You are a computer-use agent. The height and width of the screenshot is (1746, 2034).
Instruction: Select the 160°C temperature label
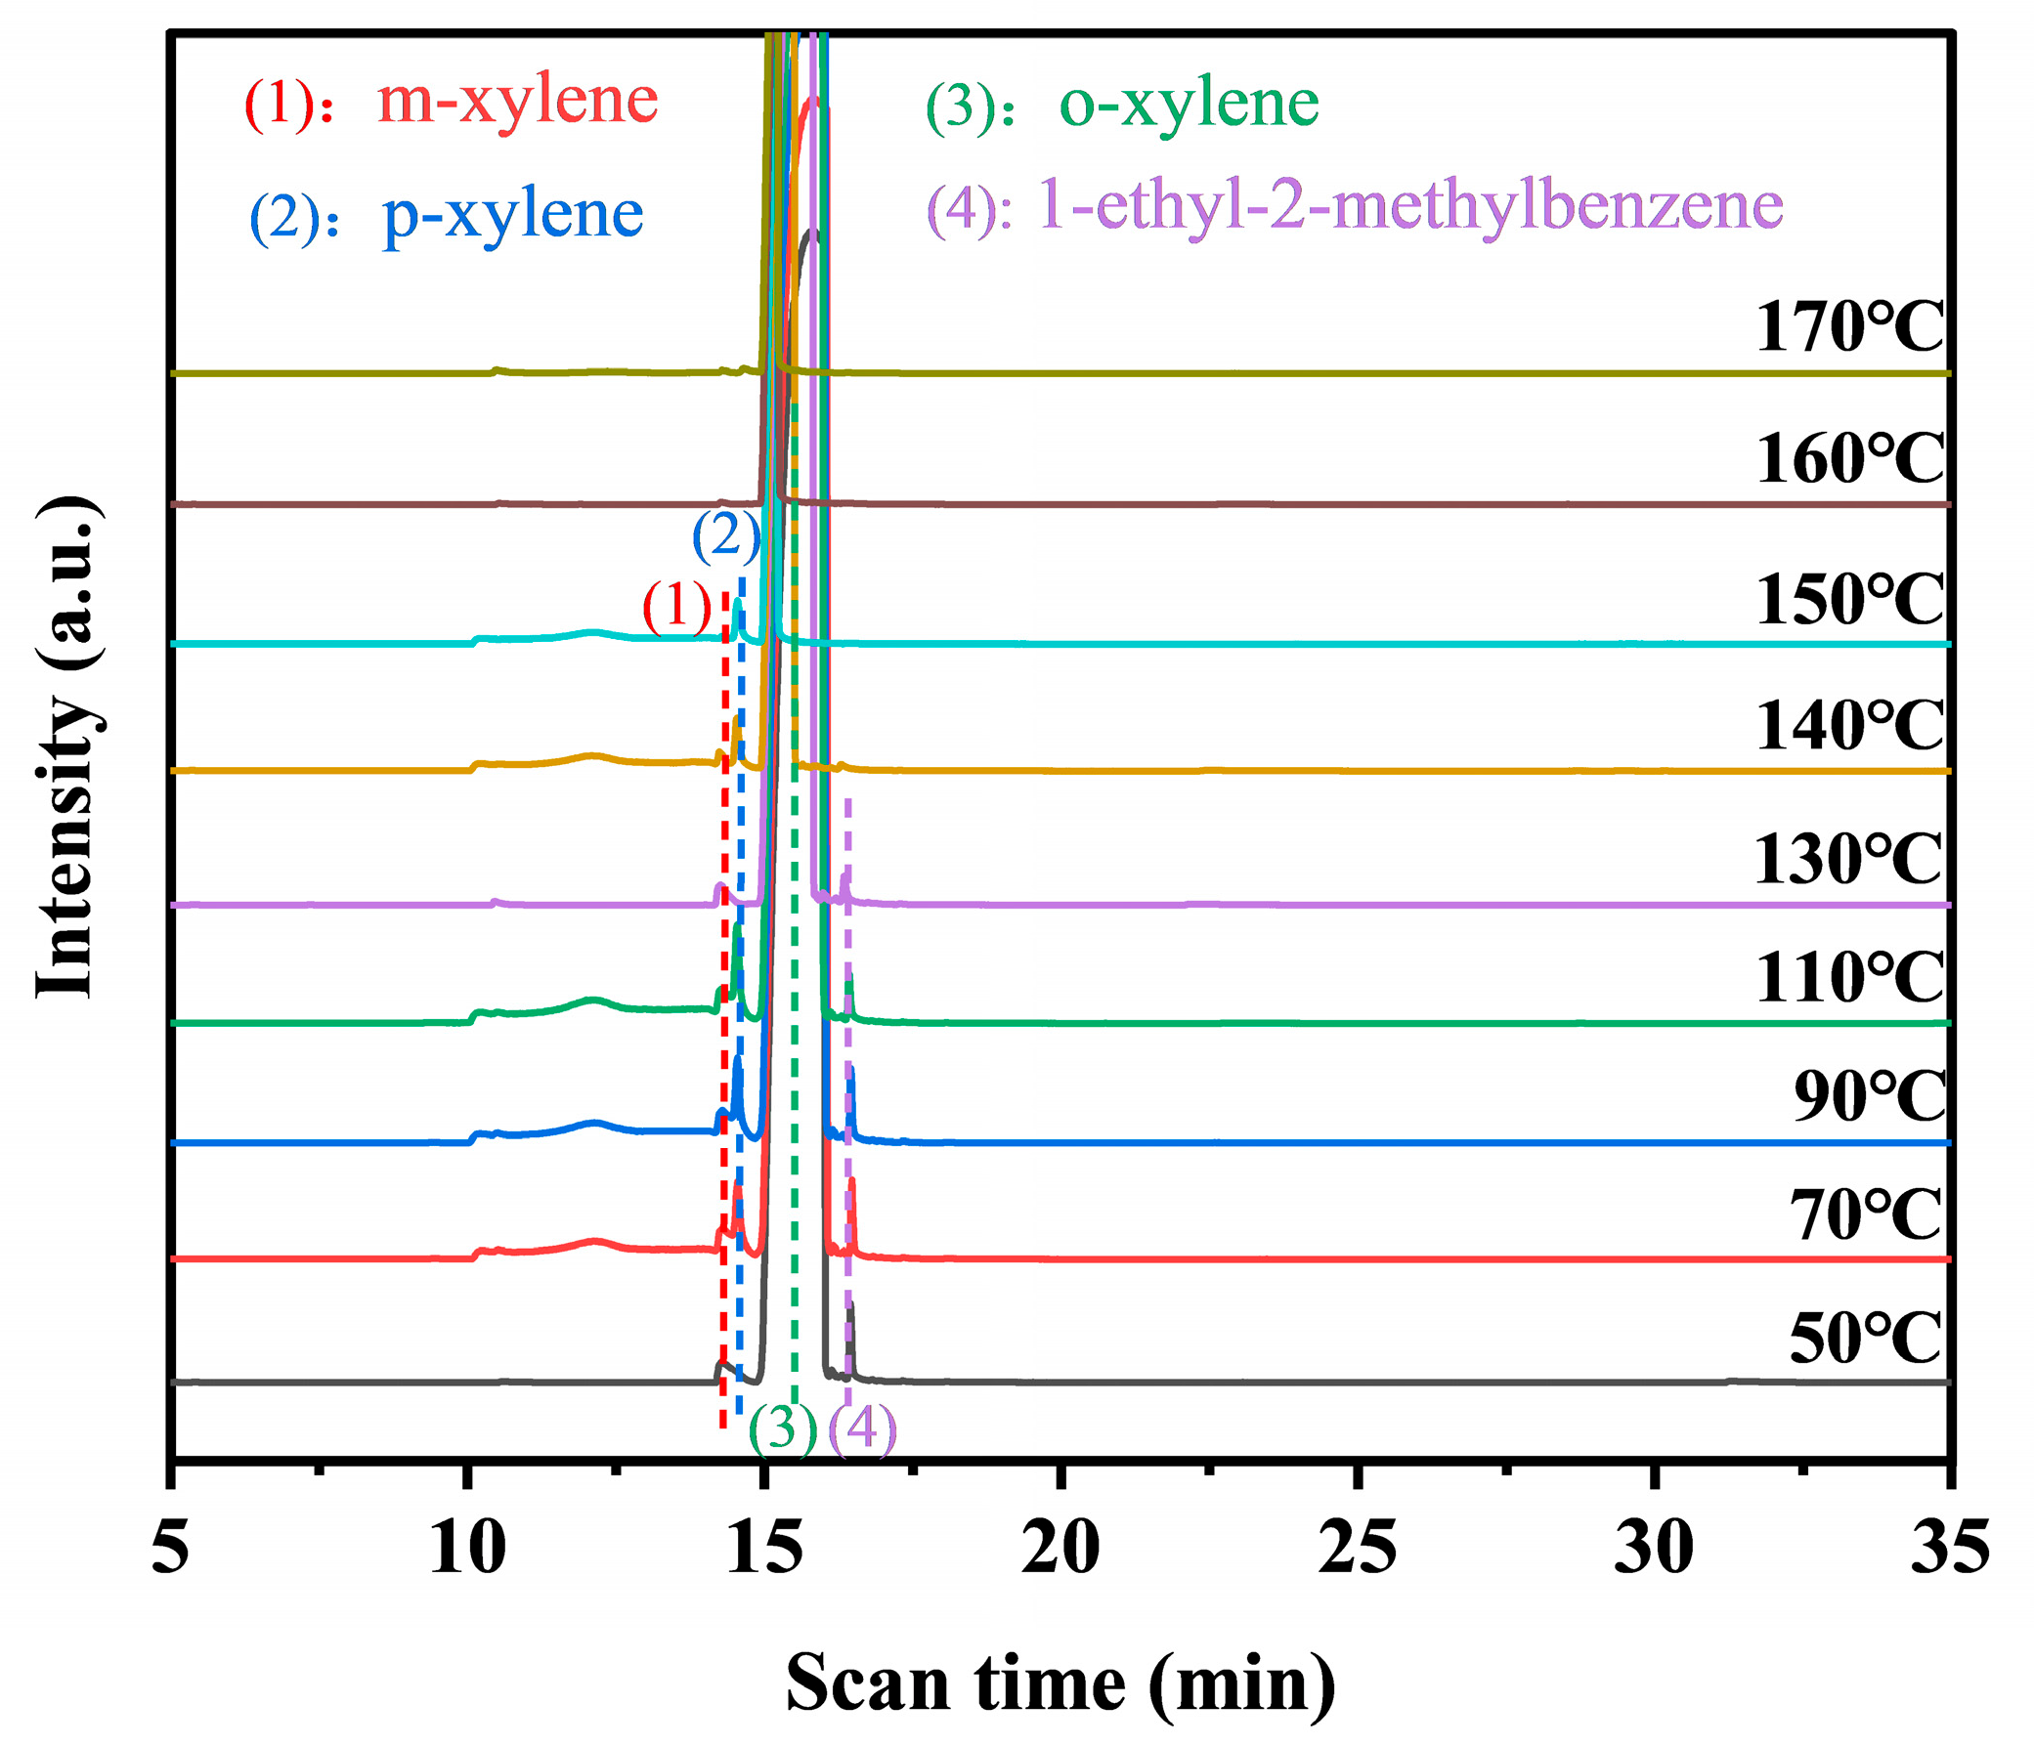(x=1848, y=458)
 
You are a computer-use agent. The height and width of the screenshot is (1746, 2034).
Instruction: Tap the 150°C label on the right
(x=1848, y=600)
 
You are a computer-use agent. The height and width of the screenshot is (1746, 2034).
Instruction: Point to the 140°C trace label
(x=1848, y=726)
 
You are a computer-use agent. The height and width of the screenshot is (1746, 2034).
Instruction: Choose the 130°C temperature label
(x=1846, y=860)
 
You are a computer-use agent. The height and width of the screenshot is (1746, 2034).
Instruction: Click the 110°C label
(x=1848, y=977)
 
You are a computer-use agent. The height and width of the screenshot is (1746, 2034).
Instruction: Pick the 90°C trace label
(x=1869, y=1096)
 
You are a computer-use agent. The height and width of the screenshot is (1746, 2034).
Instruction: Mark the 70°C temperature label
(x=1865, y=1215)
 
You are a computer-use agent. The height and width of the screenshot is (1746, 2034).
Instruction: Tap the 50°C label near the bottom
(x=1865, y=1338)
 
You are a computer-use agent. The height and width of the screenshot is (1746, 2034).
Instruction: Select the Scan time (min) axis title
(x=1060, y=1684)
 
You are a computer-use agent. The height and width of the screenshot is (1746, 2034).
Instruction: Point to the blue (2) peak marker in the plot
(x=726, y=537)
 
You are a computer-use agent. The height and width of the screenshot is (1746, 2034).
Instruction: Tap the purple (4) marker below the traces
(x=863, y=1429)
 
